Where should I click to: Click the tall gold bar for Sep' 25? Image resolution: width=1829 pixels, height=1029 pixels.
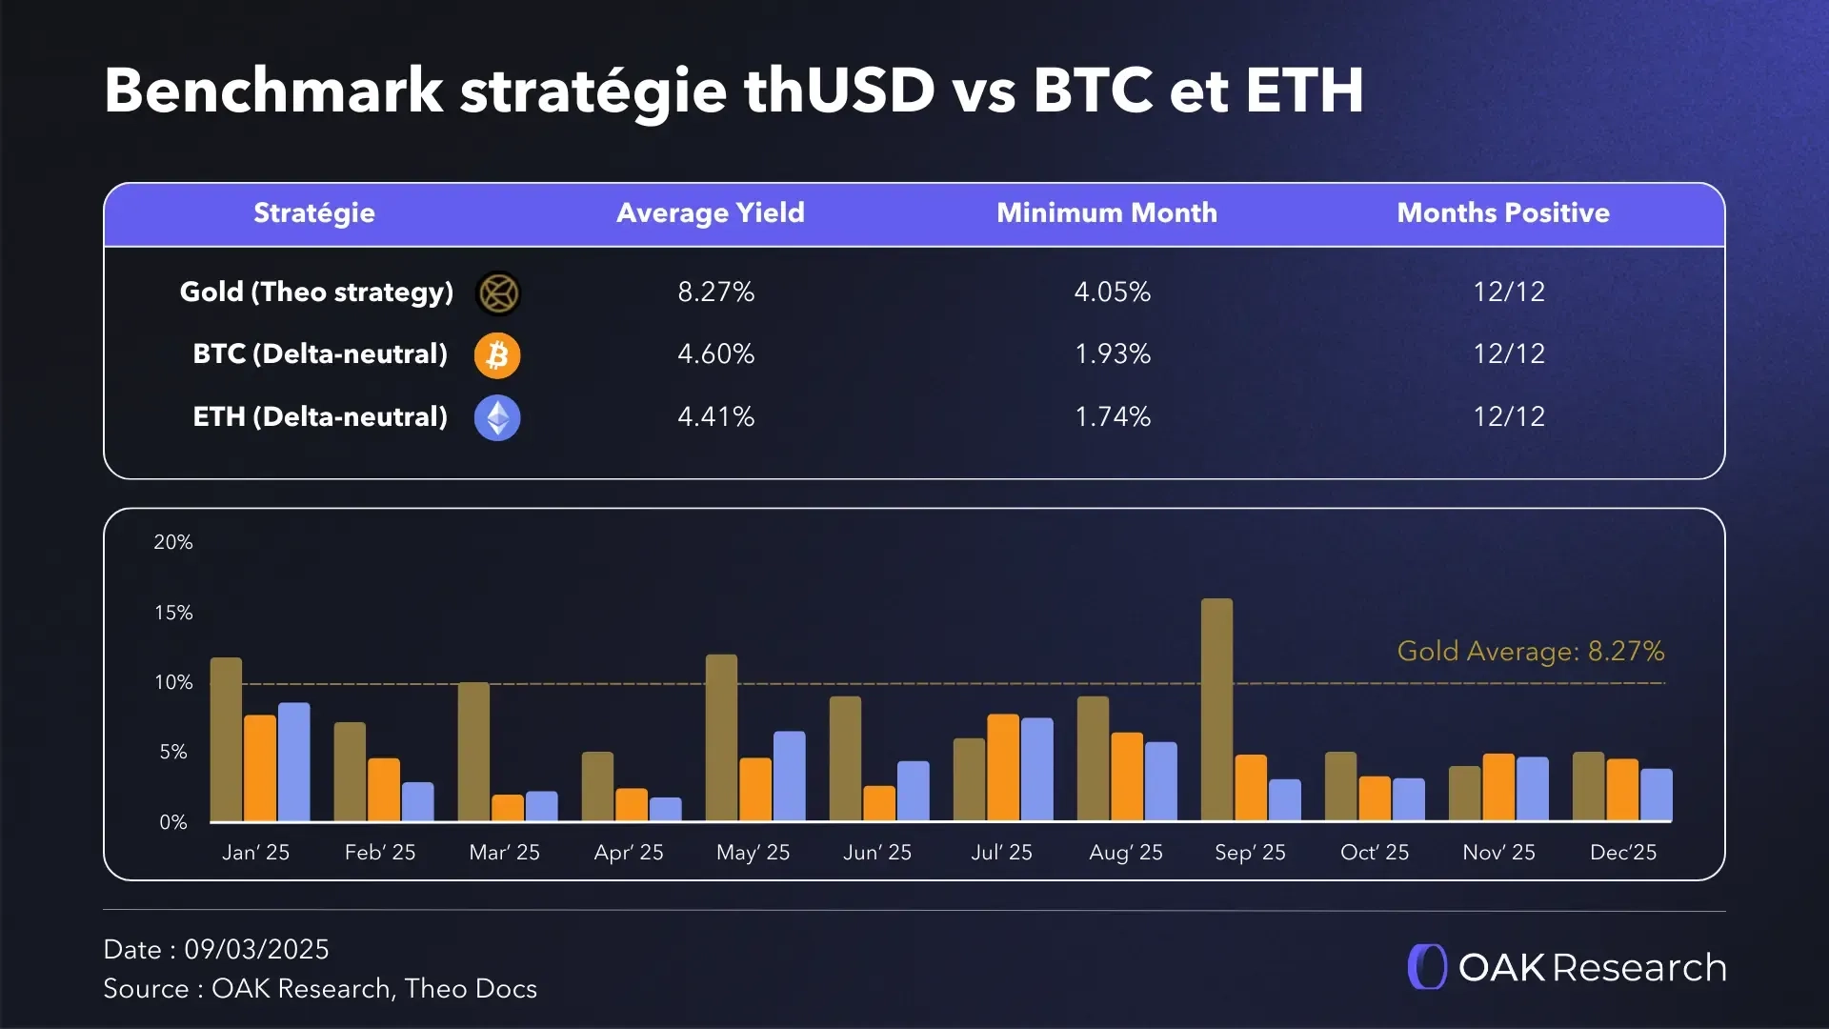pos(1216,710)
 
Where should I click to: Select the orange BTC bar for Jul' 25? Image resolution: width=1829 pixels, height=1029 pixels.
pos(1003,768)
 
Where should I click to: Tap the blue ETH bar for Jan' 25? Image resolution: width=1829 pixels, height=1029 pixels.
pos(293,762)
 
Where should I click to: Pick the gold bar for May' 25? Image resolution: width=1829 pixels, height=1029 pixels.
pos(721,737)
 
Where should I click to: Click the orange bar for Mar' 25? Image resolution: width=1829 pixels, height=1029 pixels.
pos(508,808)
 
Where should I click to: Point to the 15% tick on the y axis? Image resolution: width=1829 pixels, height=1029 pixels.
pos(173,613)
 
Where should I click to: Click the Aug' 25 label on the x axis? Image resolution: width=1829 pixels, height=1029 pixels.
pos(1125,852)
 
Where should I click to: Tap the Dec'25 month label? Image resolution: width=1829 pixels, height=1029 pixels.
pos(1622,852)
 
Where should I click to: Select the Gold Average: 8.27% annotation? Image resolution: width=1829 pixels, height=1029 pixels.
pos(1530,652)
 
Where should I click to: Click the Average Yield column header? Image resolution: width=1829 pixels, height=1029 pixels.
pos(710,212)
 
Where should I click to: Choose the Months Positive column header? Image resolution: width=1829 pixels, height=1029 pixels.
pos(1502,212)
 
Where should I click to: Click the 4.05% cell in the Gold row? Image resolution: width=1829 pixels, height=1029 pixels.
pos(1112,292)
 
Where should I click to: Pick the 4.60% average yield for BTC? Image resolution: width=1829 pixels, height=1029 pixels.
pos(715,354)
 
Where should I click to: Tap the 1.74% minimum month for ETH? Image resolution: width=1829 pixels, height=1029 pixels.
pos(1112,416)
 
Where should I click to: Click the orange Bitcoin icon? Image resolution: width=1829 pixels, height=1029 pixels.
pos(497,355)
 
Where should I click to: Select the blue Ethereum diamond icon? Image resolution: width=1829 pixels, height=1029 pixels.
pos(497,417)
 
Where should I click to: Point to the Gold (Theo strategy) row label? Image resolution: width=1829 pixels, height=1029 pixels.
pos(316,292)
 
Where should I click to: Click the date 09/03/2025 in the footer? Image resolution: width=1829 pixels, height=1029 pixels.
pos(256,949)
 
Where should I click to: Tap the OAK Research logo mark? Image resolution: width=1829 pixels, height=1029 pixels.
pos(1427,967)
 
